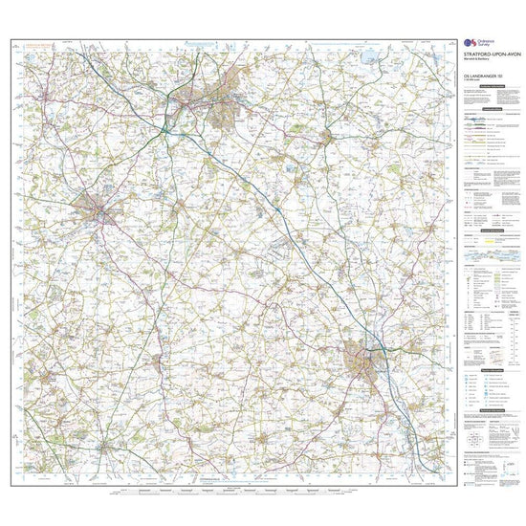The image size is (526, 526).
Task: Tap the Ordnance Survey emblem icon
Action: (467, 44)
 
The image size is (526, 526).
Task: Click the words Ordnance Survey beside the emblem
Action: (485, 44)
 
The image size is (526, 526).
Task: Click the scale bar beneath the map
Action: (230, 490)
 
